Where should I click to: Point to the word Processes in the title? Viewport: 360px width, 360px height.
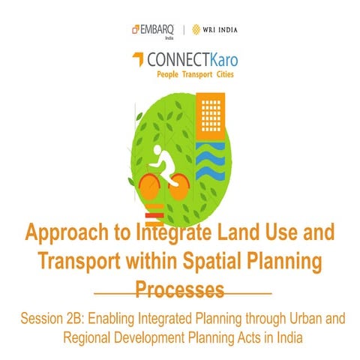click(180, 289)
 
